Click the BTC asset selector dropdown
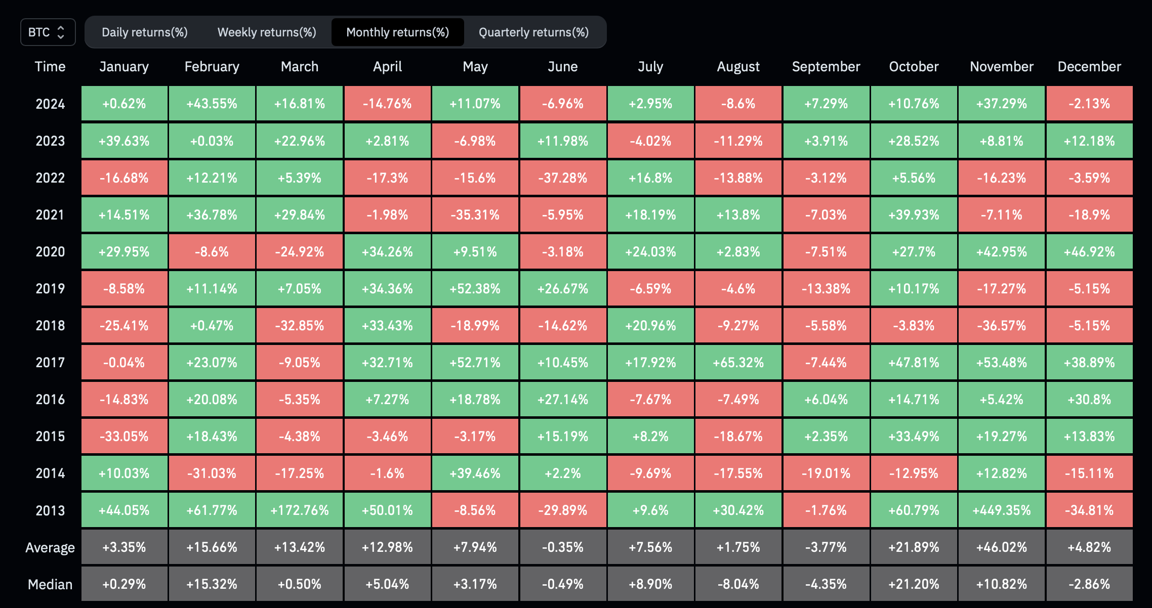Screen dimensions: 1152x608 (48, 32)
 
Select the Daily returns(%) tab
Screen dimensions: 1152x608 (145, 32)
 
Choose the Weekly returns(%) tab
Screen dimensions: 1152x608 (267, 32)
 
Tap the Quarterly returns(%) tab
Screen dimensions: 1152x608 (534, 32)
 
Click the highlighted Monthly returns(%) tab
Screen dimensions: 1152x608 (398, 32)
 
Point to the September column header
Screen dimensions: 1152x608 (826, 67)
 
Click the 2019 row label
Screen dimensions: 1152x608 (50, 289)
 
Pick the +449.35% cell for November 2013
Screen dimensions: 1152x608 (1002, 510)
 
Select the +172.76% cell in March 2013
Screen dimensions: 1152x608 (300, 510)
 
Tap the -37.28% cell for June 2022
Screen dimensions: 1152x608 (563, 178)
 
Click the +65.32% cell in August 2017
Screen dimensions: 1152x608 (738, 363)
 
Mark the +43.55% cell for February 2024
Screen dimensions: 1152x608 (212, 104)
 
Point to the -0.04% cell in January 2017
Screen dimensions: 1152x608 (124, 363)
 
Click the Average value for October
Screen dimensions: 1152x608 (914, 547)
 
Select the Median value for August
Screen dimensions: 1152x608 (738, 584)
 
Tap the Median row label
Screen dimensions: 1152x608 (50, 585)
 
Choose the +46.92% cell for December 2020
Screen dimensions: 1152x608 (1090, 252)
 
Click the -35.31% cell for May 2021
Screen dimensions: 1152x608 (475, 215)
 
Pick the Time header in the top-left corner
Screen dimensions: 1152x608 (50, 67)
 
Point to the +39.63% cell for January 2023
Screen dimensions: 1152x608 (124, 141)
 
